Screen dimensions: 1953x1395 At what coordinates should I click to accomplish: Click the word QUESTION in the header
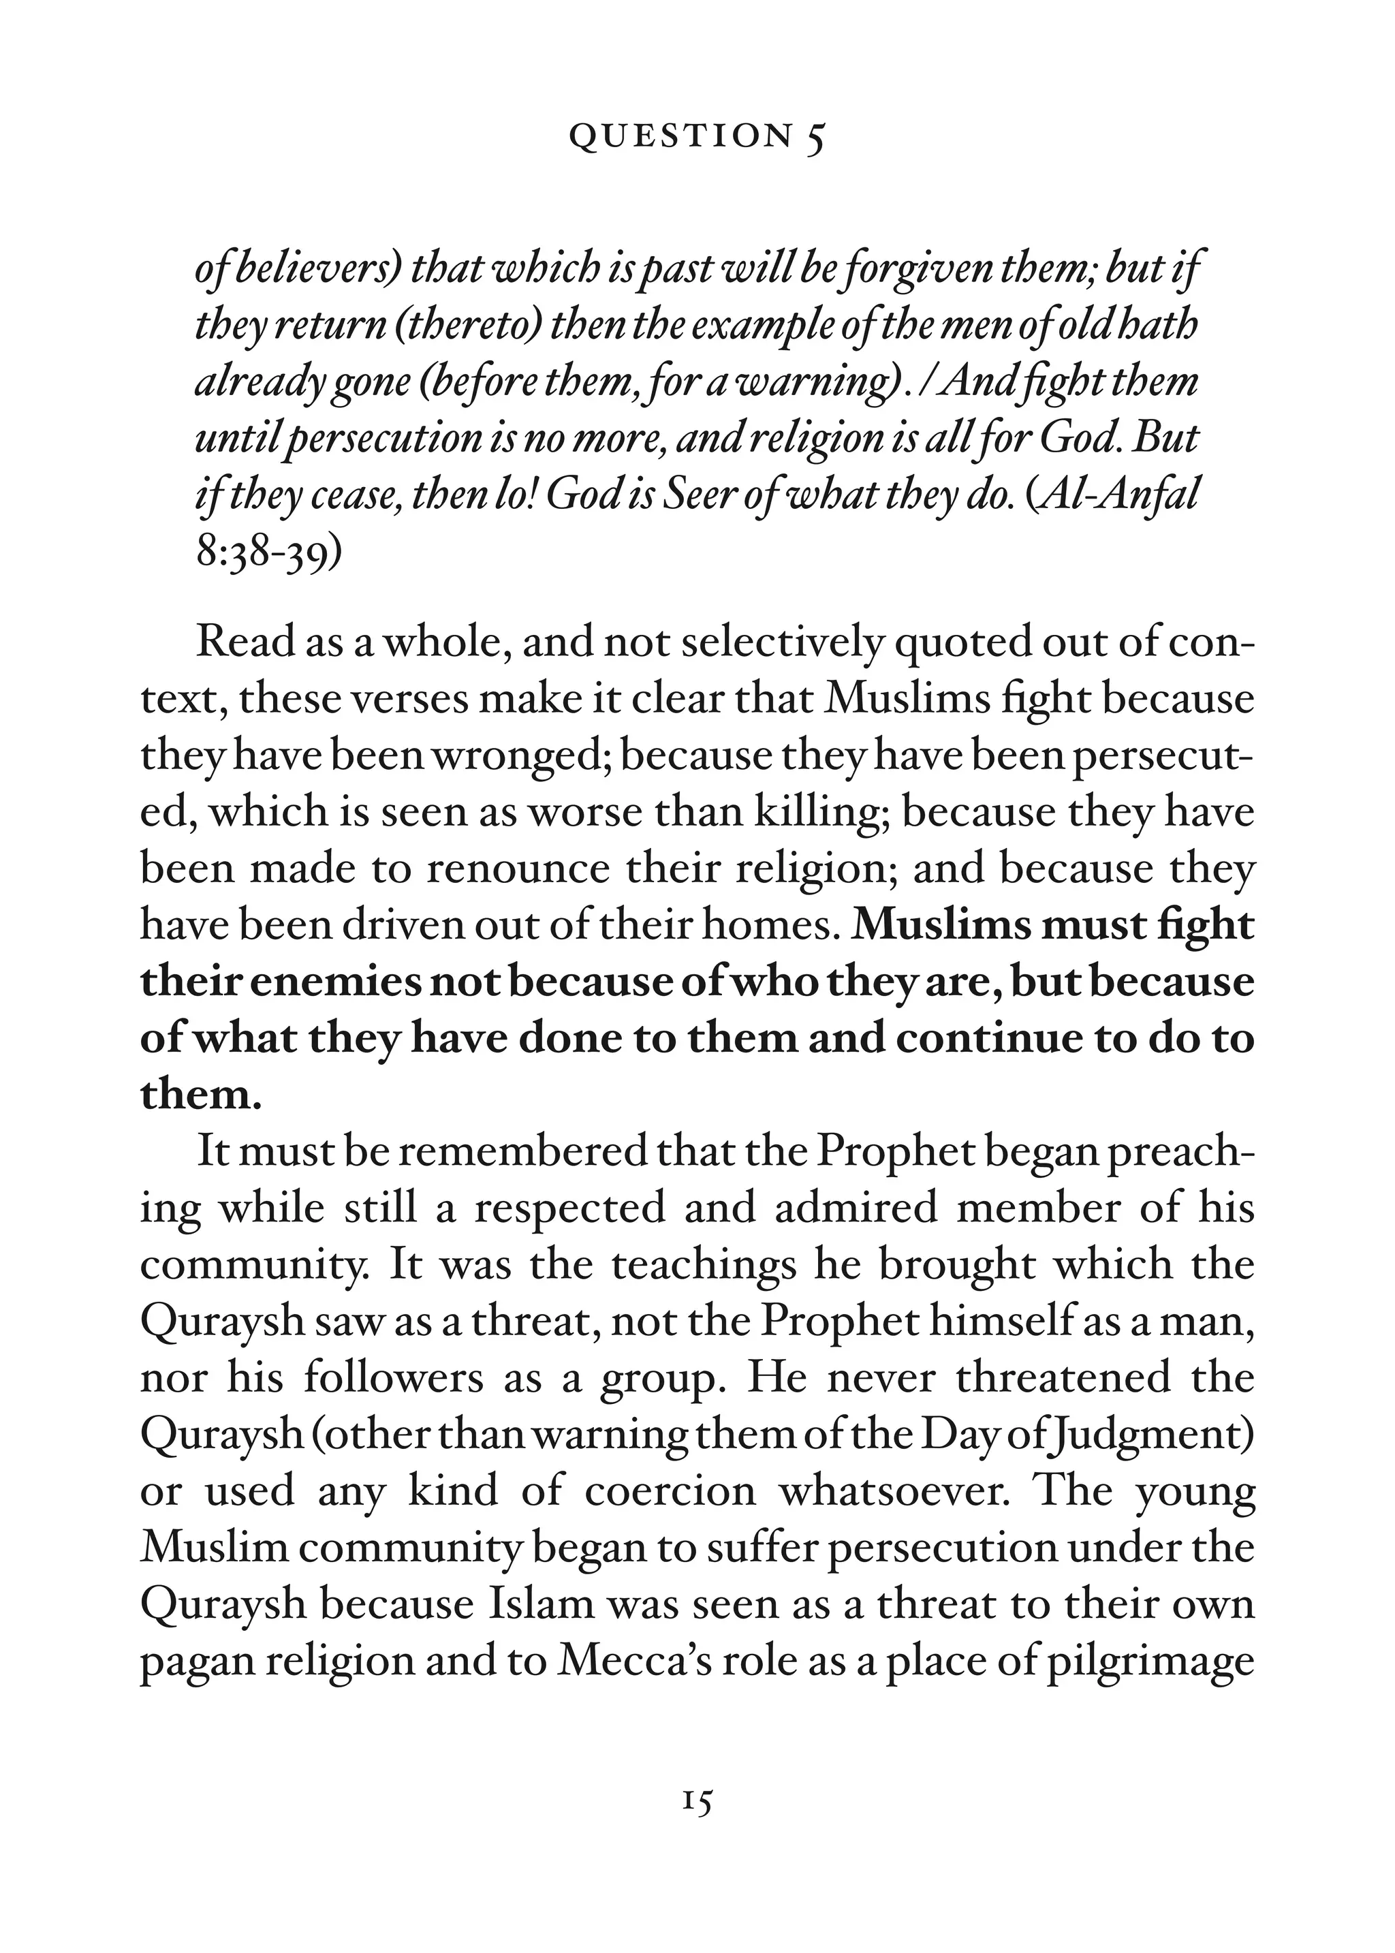tap(680, 136)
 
